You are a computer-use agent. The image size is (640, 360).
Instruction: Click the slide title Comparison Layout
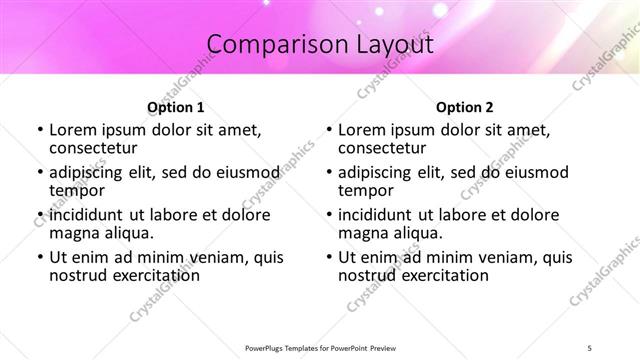tap(320, 45)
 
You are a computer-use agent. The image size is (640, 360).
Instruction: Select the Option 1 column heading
tap(176, 106)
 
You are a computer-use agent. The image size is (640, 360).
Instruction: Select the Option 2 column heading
tap(465, 106)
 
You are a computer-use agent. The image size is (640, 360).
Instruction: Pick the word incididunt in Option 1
tap(86, 215)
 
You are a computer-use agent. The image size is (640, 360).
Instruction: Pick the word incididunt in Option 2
tap(375, 215)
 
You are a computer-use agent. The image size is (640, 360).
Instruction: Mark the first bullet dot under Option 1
tap(39, 131)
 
